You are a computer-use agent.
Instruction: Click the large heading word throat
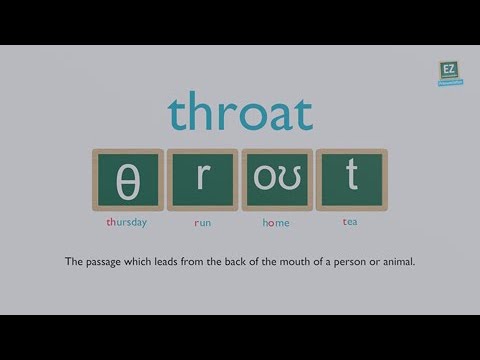tap(240, 113)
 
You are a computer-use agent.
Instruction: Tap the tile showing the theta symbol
tap(128, 180)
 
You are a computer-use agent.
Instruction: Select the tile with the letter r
tap(202, 180)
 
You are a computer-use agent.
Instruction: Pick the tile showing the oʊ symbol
tap(277, 180)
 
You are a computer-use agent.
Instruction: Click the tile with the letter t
tap(351, 180)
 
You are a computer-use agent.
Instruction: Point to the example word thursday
tap(127, 222)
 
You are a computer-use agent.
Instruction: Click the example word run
tap(202, 222)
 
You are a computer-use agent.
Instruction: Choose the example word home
tap(276, 222)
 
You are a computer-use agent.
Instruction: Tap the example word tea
tap(350, 222)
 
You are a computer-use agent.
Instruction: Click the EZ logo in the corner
tap(448, 72)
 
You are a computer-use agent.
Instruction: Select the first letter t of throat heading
tap(177, 114)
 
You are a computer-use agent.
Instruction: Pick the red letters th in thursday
tap(111, 222)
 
